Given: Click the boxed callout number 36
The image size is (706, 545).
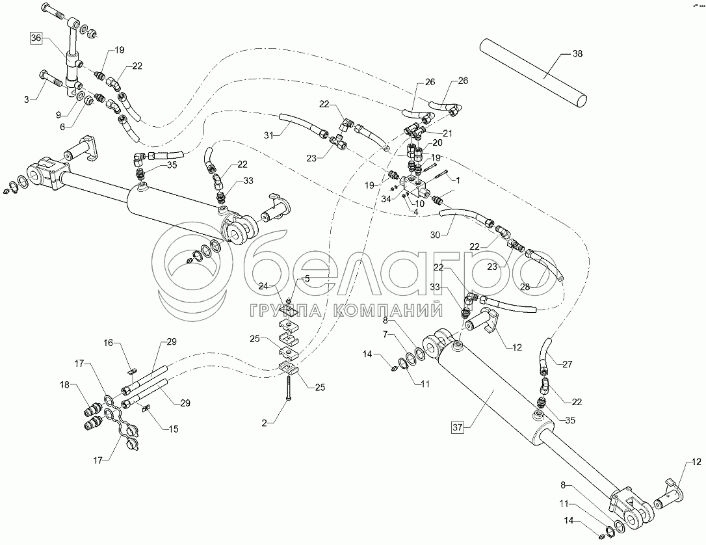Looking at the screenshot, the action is (36, 39).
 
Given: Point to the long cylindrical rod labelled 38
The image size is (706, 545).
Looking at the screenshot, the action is (533, 72).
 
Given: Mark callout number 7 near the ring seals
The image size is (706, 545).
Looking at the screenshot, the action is (385, 334).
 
